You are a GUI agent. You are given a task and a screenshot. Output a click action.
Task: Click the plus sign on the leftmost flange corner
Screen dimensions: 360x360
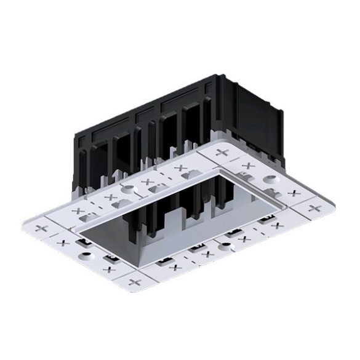click(42, 228)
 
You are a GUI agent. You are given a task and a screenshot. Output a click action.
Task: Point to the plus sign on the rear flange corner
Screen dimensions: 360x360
click(222, 151)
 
